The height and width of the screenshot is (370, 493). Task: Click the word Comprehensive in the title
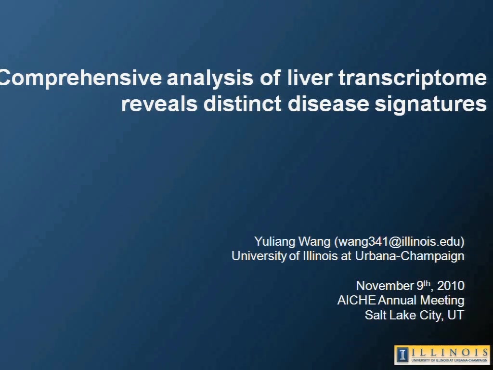pos(80,79)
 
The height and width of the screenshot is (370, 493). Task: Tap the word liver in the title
pos(310,78)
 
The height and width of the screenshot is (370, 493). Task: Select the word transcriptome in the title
pos(413,79)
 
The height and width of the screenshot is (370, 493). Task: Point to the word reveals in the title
pos(159,104)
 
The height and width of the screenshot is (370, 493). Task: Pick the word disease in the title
pos(328,104)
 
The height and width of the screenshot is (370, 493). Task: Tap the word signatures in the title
pos(431,105)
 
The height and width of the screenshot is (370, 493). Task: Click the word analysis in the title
pos(210,79)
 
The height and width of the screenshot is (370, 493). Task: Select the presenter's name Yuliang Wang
pos(292,242)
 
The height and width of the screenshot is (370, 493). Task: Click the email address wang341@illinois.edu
pos(399,241)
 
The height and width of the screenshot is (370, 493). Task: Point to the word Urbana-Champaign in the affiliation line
pos(409,256)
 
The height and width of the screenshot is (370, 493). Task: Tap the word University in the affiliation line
pos(259,256)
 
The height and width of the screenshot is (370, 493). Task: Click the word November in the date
pos(385,286)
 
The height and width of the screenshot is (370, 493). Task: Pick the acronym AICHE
pos(356,300)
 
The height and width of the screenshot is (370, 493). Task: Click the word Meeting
pos(442,301)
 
